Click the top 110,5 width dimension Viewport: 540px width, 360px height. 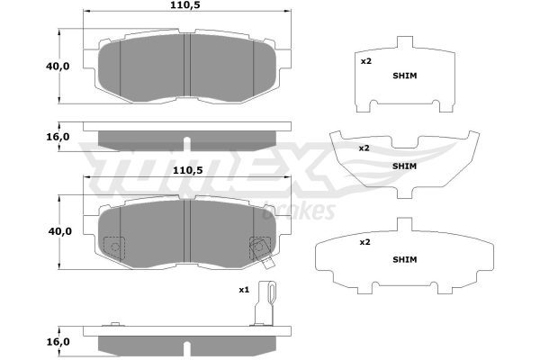coord(184,5)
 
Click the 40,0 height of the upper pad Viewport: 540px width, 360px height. coord(58,66)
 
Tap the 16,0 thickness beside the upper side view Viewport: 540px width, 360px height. coord(58,137)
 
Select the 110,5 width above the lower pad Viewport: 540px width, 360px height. coord(187,170)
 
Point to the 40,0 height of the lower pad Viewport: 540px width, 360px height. coord(60,231)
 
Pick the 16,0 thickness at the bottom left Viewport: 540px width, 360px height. coord(58,342)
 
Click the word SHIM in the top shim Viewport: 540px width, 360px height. coord(405,76)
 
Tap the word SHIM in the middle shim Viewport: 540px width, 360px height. coord(404,166)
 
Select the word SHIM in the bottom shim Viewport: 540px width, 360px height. coord(405,259)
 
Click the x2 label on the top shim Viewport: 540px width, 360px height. coord(366,61)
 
